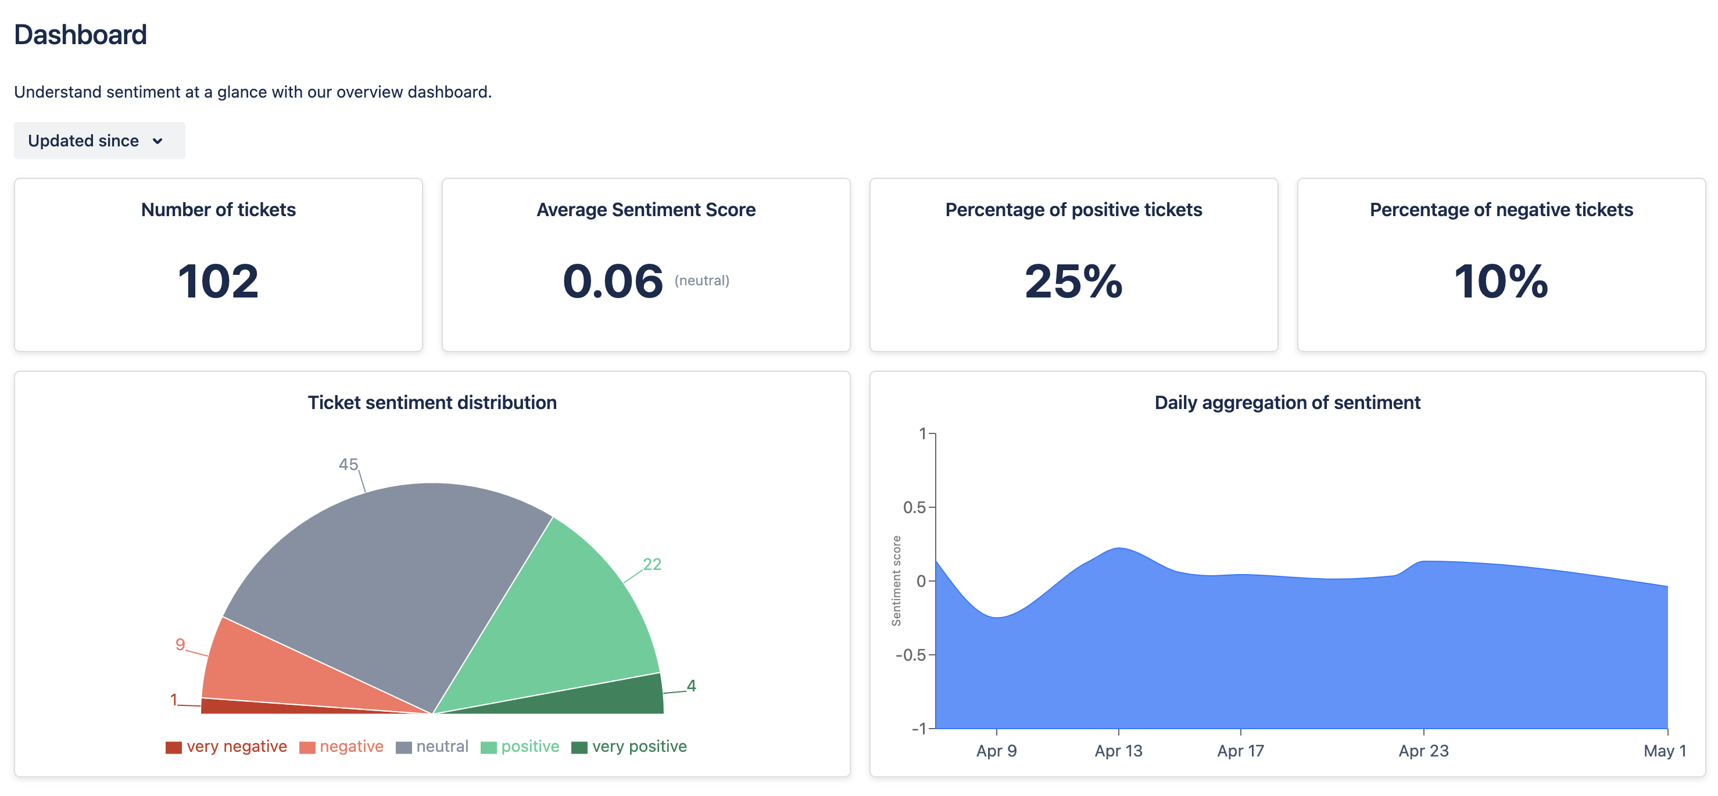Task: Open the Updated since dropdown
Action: point(99,141)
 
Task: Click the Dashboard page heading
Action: point(80,35)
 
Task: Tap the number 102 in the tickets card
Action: point(218,281)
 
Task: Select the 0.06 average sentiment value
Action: point(612,281)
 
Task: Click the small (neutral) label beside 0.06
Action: point(701,281)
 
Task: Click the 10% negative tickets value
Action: point(1501,281)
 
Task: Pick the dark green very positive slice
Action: point(620,697)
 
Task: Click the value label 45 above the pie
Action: point(348,465)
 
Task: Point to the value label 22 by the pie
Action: point(652,565)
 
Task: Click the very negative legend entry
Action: point(227,747)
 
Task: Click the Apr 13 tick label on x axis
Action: point(1118,751)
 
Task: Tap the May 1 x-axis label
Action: point(1664,751)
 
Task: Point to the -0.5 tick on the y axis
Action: point(910,655)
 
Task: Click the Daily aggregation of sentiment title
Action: point(1287,403)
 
